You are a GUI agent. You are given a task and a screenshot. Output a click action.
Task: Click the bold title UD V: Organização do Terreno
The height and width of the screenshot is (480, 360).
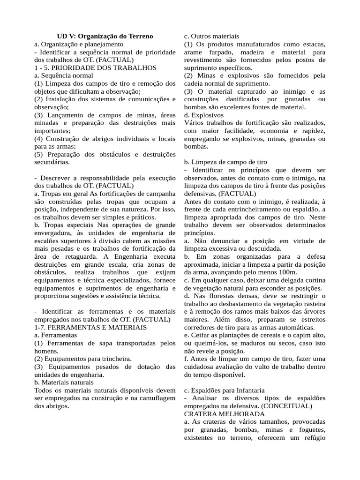coord(105,36)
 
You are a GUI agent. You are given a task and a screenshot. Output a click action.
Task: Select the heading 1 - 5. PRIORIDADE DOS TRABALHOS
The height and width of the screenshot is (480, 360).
coord(95,67)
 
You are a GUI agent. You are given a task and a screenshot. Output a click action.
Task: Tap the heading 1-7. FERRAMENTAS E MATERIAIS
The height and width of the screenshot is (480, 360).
coord(90,327)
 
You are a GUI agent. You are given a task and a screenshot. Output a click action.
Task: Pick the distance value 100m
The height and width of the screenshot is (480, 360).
coord(286,272)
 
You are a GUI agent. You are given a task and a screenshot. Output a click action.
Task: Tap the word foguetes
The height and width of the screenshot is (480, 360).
coord(309,430)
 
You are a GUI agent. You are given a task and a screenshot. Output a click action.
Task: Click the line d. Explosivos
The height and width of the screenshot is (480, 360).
coord(204,115)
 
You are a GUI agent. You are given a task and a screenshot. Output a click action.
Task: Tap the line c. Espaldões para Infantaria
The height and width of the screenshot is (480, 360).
coord(224,390)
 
